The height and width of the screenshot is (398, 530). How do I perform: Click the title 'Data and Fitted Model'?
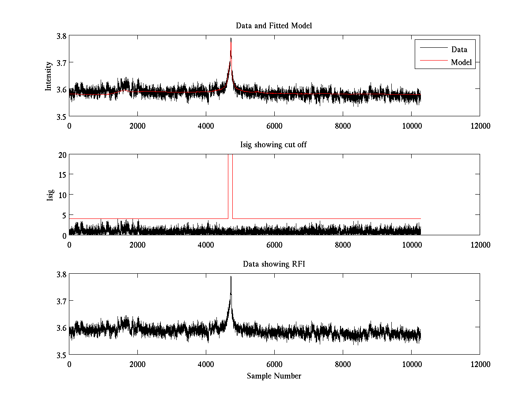(274, 26)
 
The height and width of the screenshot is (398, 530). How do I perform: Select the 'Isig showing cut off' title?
(274, 145)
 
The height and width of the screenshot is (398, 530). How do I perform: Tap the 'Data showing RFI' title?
(274, 264)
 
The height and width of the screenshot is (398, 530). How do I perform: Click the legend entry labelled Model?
(461, 62)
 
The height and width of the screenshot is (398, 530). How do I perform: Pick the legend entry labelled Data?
(459, 50)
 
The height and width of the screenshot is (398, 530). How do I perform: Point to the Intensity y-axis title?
(49, 76)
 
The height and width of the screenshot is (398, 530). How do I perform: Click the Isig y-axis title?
(50, 195)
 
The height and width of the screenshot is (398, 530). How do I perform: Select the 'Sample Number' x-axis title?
(274, 376)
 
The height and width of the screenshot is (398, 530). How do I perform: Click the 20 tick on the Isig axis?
(62, 155)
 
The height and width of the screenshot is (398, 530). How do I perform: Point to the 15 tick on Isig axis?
(62, 175)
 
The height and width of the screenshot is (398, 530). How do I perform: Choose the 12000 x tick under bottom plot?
(480, 364)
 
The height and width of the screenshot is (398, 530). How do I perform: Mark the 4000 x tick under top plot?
(206, 126)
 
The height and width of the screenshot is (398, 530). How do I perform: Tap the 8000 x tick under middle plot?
(343, 245)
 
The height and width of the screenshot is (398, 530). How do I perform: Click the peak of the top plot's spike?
(231, 38)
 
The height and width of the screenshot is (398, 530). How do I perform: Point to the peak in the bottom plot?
(231, 277)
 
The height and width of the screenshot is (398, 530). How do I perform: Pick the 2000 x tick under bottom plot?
(137, 364)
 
